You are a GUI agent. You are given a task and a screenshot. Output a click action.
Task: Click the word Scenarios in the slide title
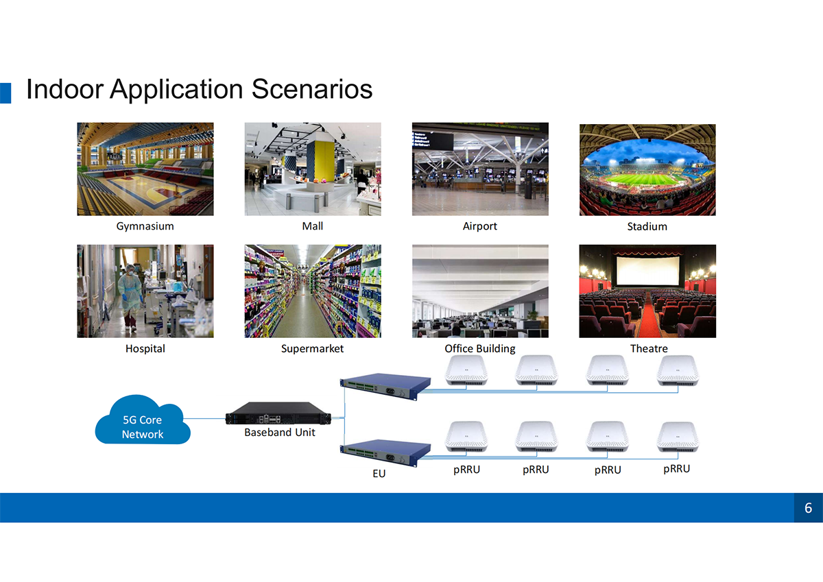(x=312, y=89)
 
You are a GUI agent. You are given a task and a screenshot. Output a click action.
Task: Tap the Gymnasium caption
(x=145, y=226)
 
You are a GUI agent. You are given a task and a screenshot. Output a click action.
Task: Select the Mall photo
(x=313, y=169)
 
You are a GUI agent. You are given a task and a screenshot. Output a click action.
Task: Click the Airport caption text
(x=480, y=226)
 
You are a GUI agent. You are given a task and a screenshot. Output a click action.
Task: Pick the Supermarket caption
(x=312, y=348)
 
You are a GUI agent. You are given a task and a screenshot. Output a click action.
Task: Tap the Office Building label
(x=480, y=348)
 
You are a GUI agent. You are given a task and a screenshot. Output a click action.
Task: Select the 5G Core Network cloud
(x=143, y=420)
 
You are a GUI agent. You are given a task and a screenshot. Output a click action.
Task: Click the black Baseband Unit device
(x=278, y=413)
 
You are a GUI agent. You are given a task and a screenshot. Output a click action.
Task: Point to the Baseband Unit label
(x=280, y=432)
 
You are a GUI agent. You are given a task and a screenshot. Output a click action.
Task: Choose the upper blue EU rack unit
(x=385, y=387)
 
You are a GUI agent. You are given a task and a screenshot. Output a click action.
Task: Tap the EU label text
(x=379, y=473)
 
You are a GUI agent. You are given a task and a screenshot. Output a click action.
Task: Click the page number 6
(x=809, y=508)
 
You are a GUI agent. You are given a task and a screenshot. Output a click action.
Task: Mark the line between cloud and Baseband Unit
(x=204, y=419)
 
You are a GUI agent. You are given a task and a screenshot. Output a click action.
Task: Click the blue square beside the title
(x=5, y=93)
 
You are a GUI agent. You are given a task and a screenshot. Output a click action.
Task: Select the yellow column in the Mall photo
(x=324, y=162)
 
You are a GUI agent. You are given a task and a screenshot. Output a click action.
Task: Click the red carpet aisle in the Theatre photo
(x=649, y=315)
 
